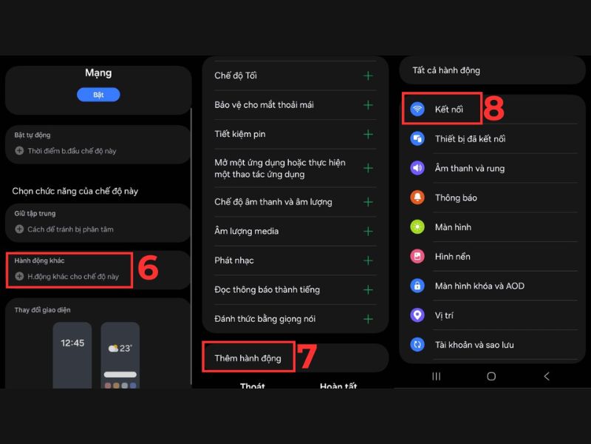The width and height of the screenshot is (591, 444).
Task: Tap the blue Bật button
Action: (98, 95)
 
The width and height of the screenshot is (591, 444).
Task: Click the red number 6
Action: (148, 268)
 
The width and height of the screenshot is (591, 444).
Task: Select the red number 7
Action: (307, 357)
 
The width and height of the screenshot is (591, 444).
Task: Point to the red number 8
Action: (493, 108)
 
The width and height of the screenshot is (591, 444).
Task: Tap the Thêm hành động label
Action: (247, 358)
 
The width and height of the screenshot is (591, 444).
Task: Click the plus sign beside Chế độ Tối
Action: (368, 75)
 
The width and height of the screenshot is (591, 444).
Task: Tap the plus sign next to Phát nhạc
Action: (368, 260)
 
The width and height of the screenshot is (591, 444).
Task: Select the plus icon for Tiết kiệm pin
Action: (368, 135)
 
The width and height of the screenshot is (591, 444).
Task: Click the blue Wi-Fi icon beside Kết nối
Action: (417, 109)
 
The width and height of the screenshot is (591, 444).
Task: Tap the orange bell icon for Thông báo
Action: (417, 198)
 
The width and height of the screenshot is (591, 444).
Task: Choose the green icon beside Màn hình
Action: (417, 227)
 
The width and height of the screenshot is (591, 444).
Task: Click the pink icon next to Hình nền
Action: (417, 256)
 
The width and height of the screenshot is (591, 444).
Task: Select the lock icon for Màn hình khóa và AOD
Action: (417, 286)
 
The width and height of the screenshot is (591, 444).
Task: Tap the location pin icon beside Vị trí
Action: (417, 315)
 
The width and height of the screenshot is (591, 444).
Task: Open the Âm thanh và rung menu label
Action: (470, 169)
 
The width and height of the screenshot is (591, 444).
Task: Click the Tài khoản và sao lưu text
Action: (474, 345)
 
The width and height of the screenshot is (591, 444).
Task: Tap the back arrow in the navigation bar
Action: (547, 376)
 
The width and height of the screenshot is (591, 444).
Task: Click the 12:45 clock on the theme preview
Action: (72, 343)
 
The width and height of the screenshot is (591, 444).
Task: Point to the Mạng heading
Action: (98, 73)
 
